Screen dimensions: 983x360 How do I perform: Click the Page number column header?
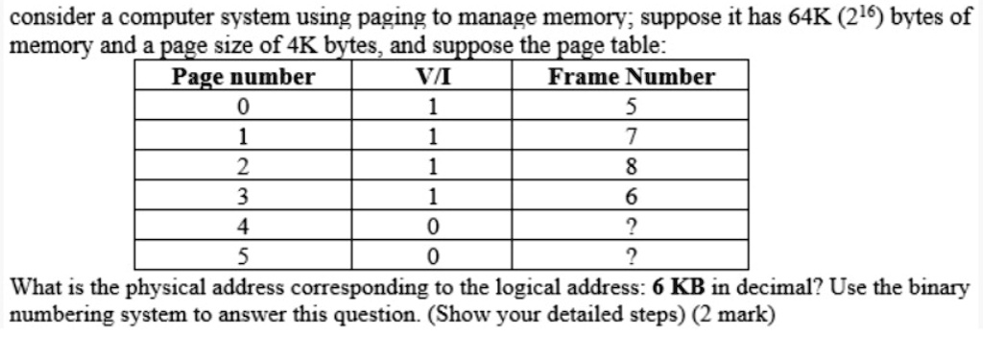243,77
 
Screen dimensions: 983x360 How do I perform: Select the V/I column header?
432,77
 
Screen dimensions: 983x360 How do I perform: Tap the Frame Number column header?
631,77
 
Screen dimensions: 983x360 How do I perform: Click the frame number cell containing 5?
631,106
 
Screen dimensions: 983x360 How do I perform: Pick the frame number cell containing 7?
631,135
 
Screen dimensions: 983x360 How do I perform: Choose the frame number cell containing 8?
631,166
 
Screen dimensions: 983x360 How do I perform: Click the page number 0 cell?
243,106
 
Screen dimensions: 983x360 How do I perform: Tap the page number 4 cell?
243,227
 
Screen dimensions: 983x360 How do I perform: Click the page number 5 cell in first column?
243,256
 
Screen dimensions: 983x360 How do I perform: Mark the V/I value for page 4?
432,227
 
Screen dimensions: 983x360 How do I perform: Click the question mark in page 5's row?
631,256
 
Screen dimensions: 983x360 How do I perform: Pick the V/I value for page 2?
432,166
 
